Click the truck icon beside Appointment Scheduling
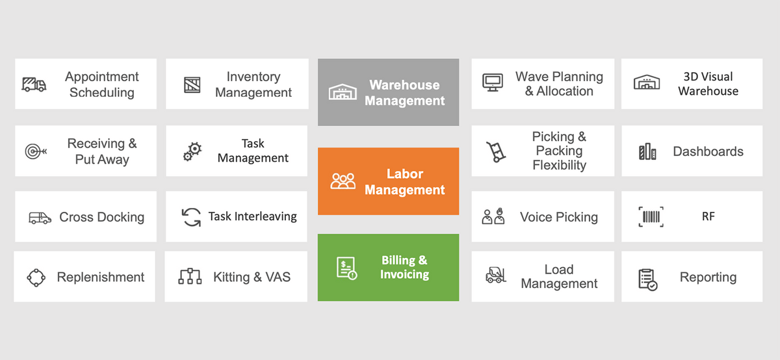coord(34,84)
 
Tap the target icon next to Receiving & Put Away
coord(35,151)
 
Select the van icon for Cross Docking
coord(40,218)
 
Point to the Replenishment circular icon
coord(36,277)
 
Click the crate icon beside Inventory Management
coord(192,85)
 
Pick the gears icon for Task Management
coord(192,151)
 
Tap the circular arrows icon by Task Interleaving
coord(192,217)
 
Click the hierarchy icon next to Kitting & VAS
coord(190,277)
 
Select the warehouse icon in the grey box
coord(343,92)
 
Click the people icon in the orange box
coord(343,181)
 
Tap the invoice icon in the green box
coord(346,268)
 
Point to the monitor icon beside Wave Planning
coord(492,83)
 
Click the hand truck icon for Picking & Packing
coord(496,151)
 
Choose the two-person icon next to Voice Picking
coord(493,217)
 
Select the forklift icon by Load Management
coord(496,276)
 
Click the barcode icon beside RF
coord(651,217)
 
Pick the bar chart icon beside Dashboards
coord(647,152)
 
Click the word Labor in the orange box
coord(404,174)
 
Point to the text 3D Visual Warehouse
coord(708,84)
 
